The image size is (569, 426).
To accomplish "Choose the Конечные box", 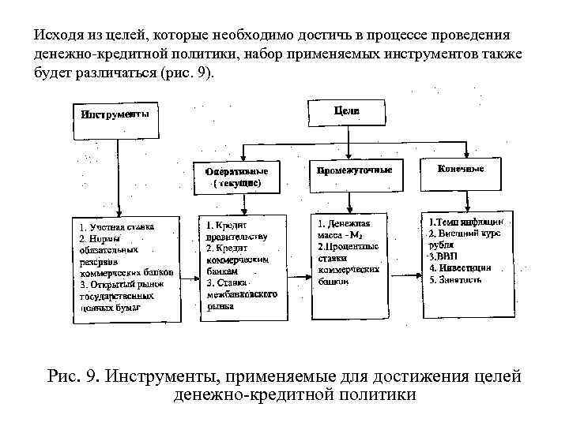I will pyautogui.click(x=461, y=169).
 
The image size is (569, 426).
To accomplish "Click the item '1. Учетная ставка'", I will pyautogui.click(x=116, y=226).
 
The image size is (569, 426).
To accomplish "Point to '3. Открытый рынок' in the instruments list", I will pyautogui.click(x=122, y=282).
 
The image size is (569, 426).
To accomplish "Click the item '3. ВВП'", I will pyautogui.click(x=440, y=256).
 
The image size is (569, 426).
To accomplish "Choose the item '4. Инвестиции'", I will pyautogui.click(x=460, y=267).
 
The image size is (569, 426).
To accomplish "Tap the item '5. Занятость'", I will pyautogui.click(x=458, y=279).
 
